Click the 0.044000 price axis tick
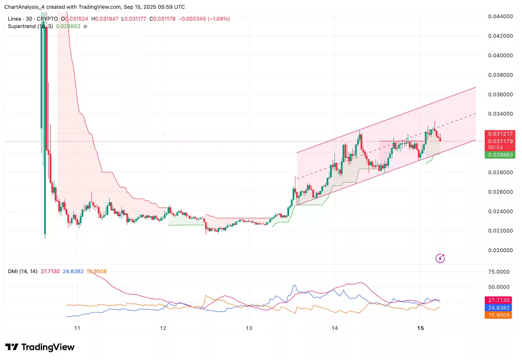tap(500, 17)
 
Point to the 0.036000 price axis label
tap(500, 95)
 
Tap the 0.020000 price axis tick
tap(500, 250)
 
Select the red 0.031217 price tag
tap(500, 134)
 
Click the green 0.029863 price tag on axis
tap(500, 155)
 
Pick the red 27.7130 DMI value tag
tap(499, 300)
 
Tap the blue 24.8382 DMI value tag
tap(499, 308)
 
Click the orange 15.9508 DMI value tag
tap(499, 315)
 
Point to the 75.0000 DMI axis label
tap(499, 272)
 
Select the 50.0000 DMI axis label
tap(499, 287)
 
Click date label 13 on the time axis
tap(249, 328)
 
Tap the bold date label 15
tap(421, 328)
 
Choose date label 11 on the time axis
tap(77, 328)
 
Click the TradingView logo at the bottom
tap(40, 347)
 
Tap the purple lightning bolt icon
tap(440, 258)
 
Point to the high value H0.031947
tap(105, 19)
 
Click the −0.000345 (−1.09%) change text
tap(204, 19)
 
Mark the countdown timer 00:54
tap(495, 148)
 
